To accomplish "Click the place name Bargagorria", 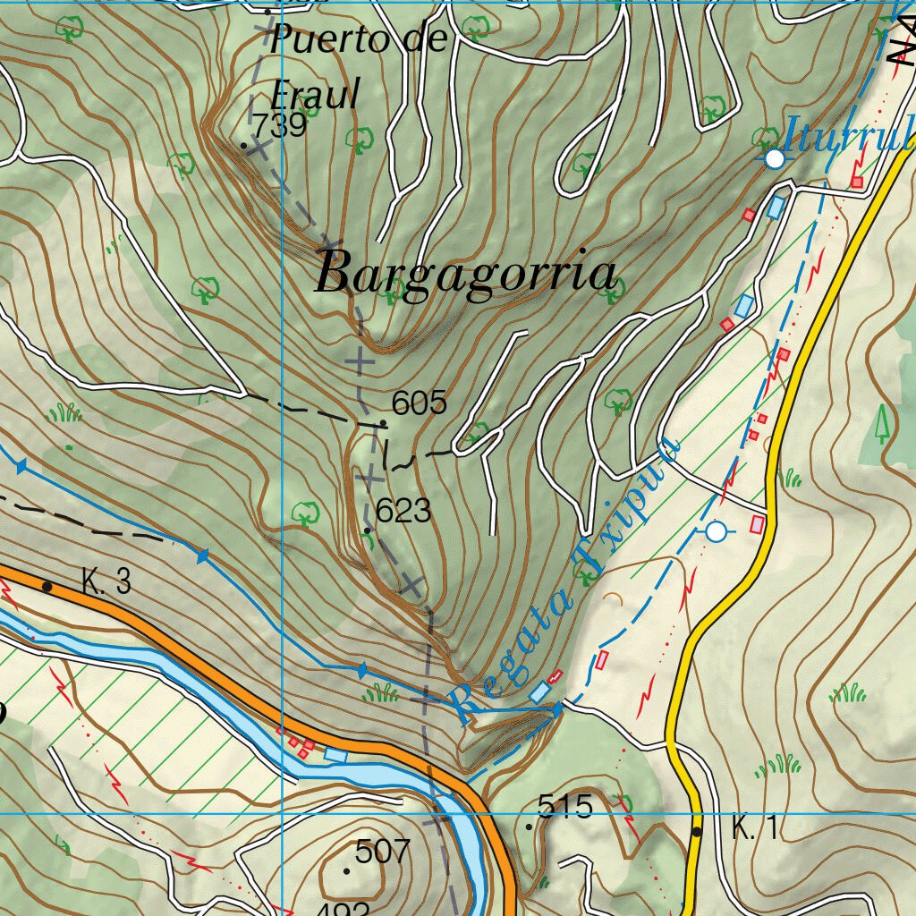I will [467, 273].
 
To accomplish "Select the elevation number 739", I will [279, 126].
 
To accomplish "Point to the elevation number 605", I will [420, 403].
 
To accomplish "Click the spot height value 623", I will [403, 512].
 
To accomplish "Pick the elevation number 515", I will [565, 808].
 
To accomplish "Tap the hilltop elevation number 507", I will [382, 852].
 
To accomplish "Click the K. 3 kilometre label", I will [106, 583].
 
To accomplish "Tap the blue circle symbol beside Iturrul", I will [775, 158].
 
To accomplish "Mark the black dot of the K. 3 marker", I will [47, 587].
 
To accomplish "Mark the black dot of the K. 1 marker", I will [698, 831].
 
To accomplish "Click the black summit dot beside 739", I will [243, 144].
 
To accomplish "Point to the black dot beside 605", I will [384, 422].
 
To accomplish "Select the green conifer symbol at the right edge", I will [883, 423].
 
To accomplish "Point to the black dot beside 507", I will [346, 869].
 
